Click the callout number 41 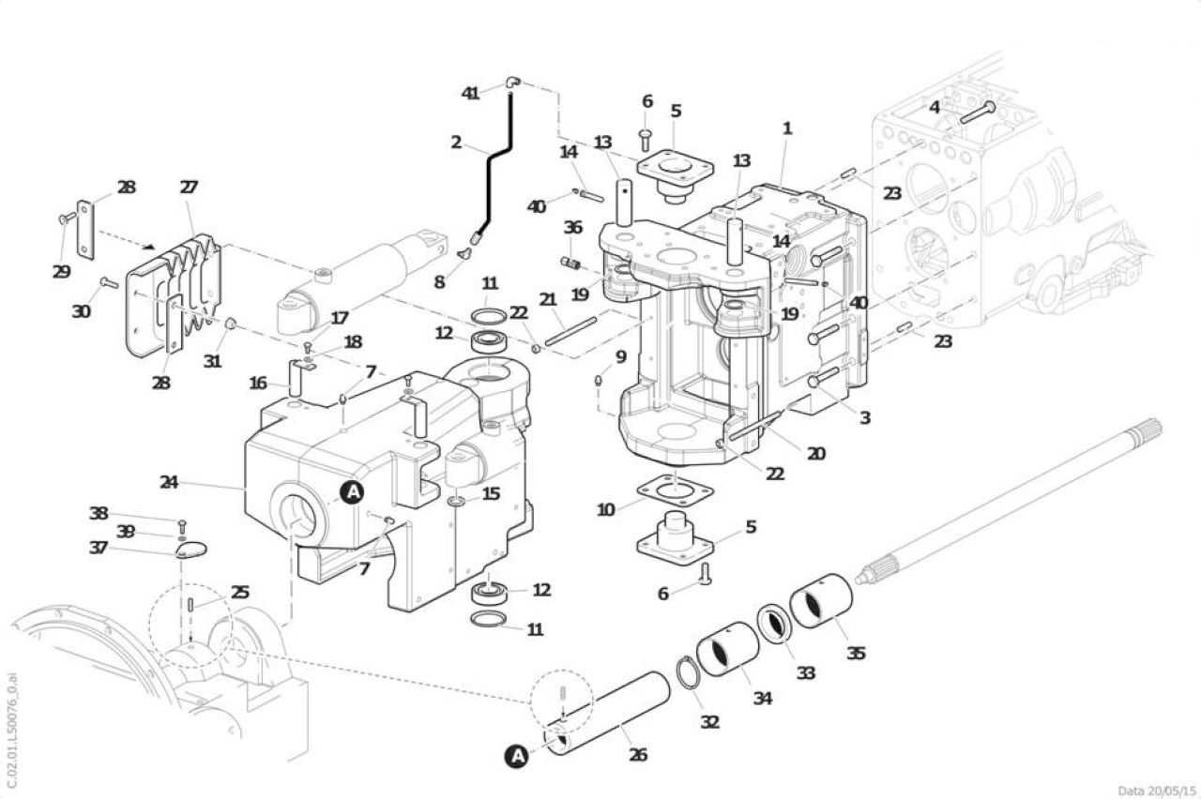pos(470,93)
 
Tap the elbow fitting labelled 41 pos(512,83)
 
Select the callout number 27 pos(189,187)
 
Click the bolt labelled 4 pos(977,113)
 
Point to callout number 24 pos(169,482)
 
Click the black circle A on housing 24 pos(352,492)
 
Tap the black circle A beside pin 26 pos(517,757)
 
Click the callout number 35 pos(856,654)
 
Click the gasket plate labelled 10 pos(675,490)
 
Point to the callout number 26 pos(638,755)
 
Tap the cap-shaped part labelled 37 pos(191,550)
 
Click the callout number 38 pos(99,513)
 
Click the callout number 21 pos(548,299)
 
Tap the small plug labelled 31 pos(230,324)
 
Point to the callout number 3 pos(865,417)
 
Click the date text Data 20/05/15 pos(1157,791)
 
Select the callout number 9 pos(620,356)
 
